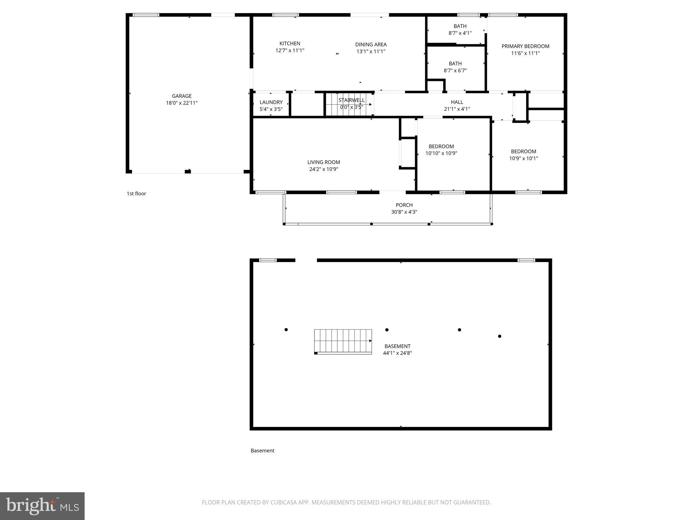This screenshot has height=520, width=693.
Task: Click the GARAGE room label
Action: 182,96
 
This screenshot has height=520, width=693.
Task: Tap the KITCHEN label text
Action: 290,44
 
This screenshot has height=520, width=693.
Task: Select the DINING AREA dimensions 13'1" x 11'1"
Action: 371,51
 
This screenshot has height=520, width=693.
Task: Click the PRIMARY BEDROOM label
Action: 525,46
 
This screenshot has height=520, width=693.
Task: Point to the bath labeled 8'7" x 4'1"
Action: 460,29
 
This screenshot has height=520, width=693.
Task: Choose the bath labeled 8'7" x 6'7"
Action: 455,67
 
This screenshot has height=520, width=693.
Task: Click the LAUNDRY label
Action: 271,102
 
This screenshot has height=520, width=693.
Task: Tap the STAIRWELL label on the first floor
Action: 352,100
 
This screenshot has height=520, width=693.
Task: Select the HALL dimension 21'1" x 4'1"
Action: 457,109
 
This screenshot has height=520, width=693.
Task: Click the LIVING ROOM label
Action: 323,162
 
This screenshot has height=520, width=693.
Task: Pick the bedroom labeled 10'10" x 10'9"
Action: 441,150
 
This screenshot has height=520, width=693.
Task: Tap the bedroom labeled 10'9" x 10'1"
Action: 523,155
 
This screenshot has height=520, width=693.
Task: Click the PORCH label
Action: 404,205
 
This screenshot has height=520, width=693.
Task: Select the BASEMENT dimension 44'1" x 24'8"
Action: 397,353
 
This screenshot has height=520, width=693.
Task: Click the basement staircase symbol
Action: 343,342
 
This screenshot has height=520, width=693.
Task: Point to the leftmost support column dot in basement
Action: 286,330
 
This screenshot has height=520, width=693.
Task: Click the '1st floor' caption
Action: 136,194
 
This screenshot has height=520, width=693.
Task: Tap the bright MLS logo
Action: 42,506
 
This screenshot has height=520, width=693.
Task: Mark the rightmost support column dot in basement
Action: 499,336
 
